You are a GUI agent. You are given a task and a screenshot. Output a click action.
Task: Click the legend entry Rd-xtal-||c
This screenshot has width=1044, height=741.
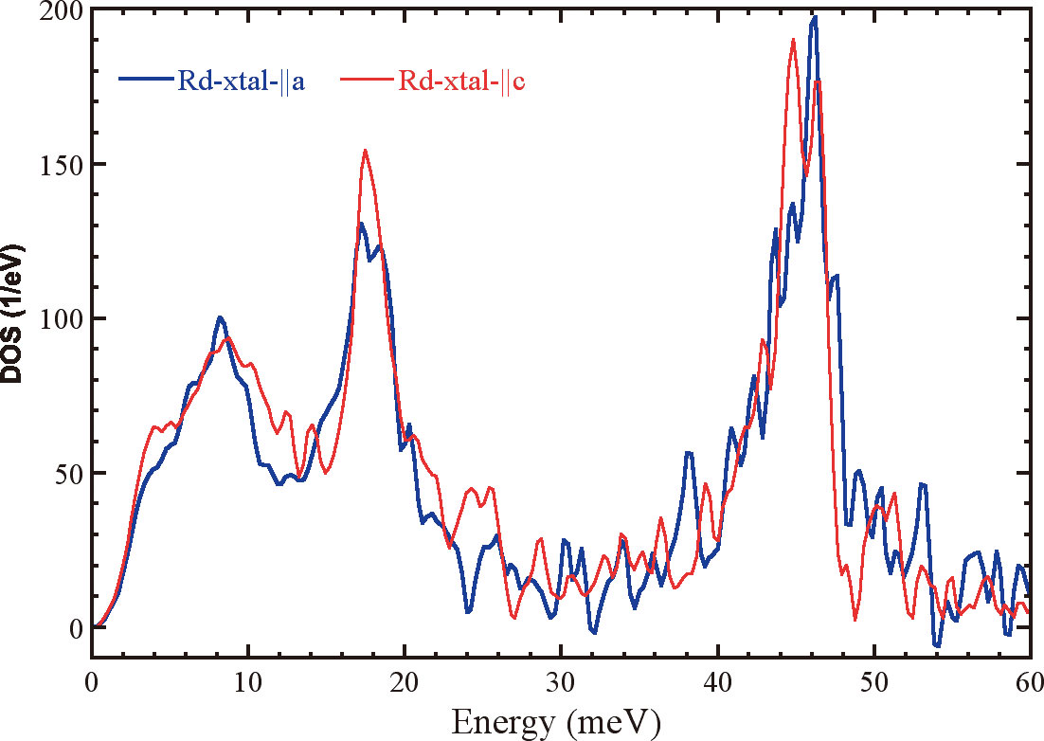pos(461,80)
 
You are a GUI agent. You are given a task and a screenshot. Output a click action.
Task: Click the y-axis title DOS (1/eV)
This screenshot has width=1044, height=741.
pos(16,313)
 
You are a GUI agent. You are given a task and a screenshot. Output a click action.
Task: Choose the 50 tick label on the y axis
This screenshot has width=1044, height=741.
pos(68,473)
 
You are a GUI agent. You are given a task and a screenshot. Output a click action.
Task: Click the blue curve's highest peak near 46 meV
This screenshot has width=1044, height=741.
pos(814,17)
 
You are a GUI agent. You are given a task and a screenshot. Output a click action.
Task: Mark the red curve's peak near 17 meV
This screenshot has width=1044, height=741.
pos(365,150)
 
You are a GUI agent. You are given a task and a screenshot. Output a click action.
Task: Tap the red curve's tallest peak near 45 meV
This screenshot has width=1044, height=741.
pos(793,40)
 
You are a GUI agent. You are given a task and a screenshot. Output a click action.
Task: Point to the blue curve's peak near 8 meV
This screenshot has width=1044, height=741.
pos(220,317)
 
